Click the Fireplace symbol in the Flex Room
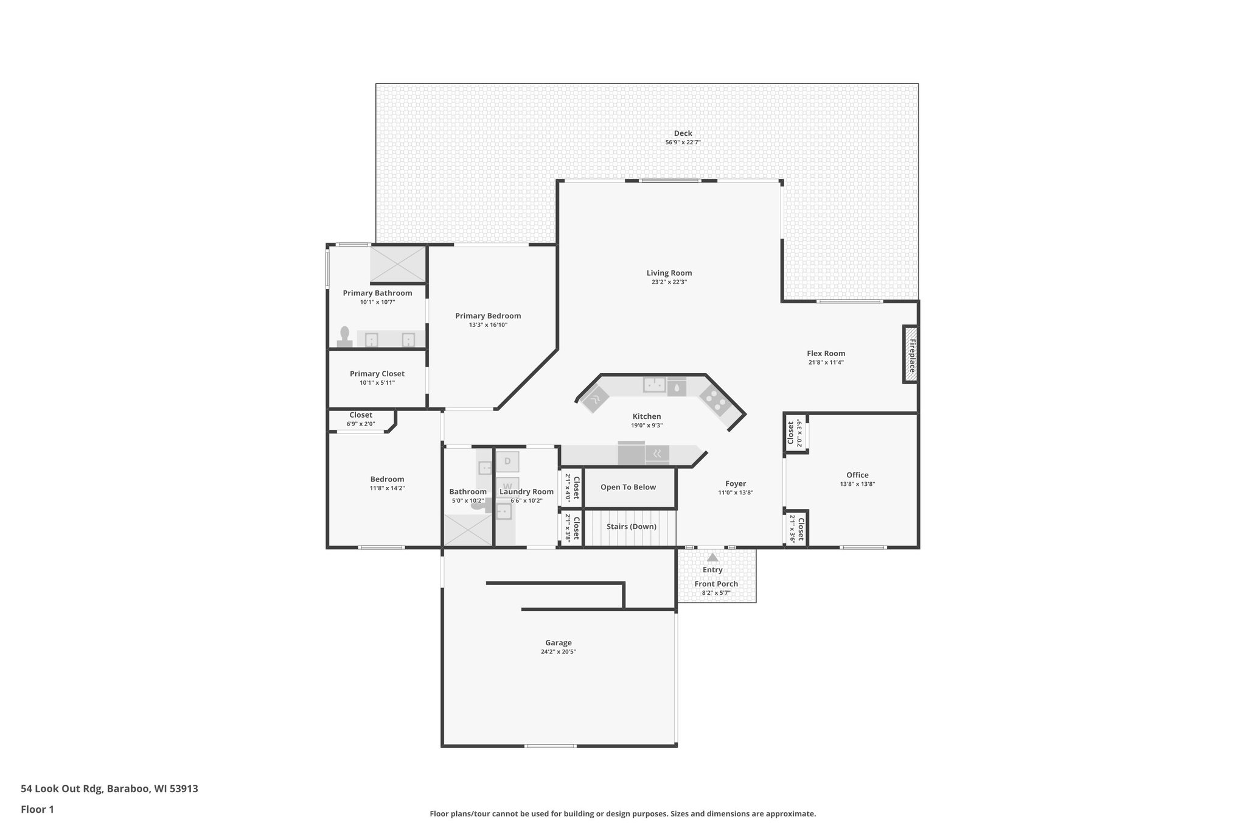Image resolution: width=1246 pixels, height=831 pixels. click(910, 355)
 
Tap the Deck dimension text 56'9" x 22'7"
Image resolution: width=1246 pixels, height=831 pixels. click(683, 142)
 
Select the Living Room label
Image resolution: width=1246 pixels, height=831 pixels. click(669, 273)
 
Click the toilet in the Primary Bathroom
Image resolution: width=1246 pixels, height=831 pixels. click(345, 337)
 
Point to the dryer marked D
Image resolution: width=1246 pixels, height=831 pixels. click(507, 461)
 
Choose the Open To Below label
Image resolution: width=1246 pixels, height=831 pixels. click(628, 487)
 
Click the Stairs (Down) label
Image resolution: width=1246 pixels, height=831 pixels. click(631, 527)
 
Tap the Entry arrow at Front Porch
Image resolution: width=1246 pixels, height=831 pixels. click(712, 558)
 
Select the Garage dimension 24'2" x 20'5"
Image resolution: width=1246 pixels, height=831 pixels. click(558, 651)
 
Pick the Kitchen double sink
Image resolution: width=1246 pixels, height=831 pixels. click(655, 385)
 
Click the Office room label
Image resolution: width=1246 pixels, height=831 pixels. click(857, 475)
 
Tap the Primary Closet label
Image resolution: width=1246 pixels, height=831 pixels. click(377, 374)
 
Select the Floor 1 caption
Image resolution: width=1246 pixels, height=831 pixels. click(37, 809)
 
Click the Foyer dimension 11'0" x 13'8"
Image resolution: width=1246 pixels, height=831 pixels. click(735, 493)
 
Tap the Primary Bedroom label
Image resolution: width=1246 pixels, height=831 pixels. click(488, 315)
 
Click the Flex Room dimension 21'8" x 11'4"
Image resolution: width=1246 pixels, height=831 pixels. click(826, 362)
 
